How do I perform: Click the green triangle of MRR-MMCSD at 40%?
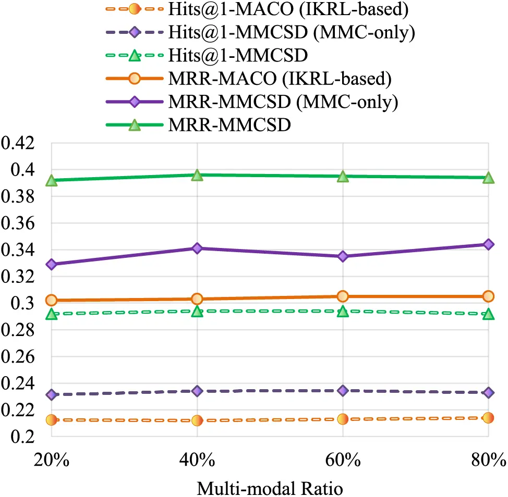(x=197, y=175)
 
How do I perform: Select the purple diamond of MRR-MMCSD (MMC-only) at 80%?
(x=488, y=244)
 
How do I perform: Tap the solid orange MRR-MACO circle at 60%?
(x=343, y=296)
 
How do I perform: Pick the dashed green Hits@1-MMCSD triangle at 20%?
(x=51, y=314)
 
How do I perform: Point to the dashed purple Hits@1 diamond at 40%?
(x=197, y=391)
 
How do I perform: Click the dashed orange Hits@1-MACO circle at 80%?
(x=488, y=417)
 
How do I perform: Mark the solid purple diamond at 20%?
(x=51, y=264)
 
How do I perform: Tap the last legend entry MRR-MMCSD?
(x=229, y=125)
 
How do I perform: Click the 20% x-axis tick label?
(x=51, y=461)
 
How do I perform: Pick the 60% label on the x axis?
(x=343, y=461)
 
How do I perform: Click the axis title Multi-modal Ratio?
(x=270, y=489)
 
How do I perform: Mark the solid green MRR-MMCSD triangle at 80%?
(x=488, y=178)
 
